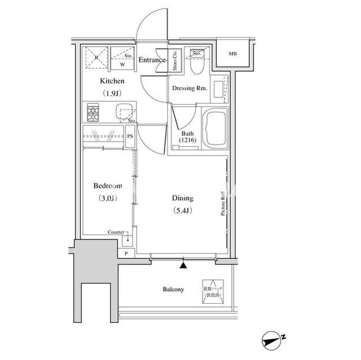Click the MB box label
pos(232,54)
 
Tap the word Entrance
pos(153,60)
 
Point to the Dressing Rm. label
pos(190,88)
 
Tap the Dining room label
pos(182,198)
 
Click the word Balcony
pos(173,290)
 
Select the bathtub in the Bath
pos(213,128)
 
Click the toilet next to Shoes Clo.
pos(195,67)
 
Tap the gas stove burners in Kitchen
pos(93,113)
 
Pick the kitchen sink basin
pos(124,112)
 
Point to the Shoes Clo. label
pos(175,62)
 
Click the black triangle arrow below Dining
pos(183,263)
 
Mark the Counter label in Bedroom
pos(117,232)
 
